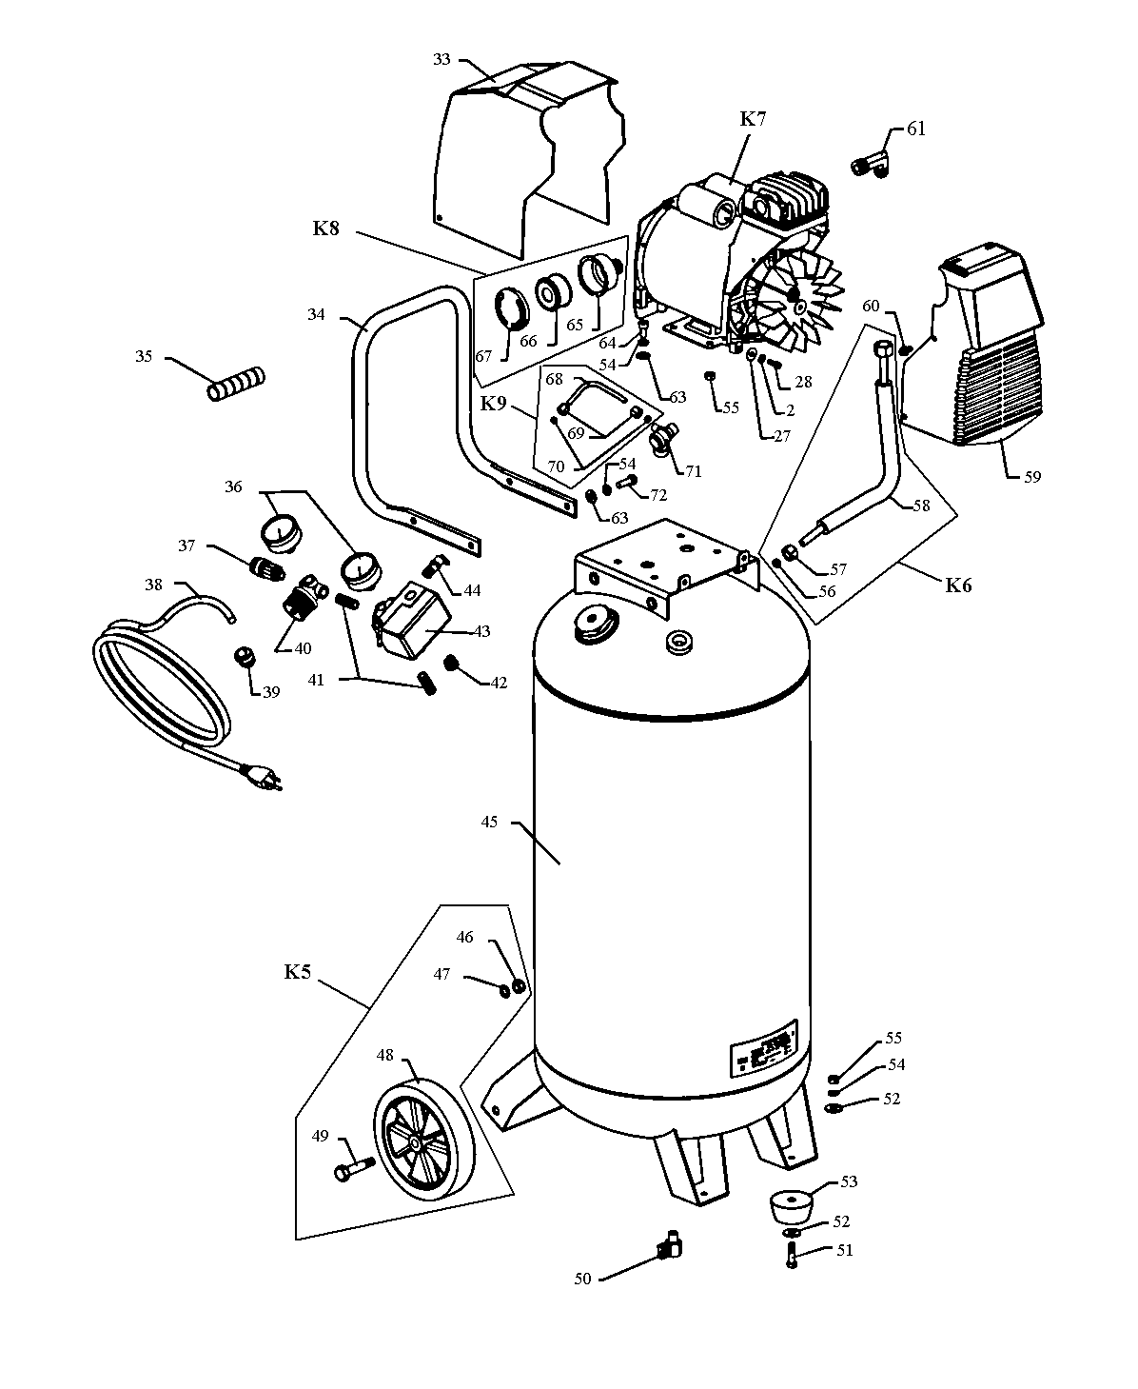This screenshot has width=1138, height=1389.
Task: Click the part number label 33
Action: (441, 59)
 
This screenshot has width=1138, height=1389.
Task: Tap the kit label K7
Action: (753, 119)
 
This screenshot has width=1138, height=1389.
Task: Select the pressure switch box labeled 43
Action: (412, 621)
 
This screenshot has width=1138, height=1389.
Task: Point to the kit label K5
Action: (298, 972)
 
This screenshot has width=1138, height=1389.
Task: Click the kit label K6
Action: (958, 585)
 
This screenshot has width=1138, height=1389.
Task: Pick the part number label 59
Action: (1031, 476)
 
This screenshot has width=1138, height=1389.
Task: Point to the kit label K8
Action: (325, 228)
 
